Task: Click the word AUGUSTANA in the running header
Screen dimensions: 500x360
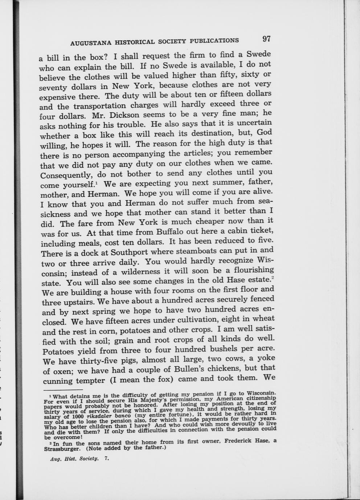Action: [90, 43]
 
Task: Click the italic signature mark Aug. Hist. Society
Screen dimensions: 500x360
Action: [74, 458]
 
